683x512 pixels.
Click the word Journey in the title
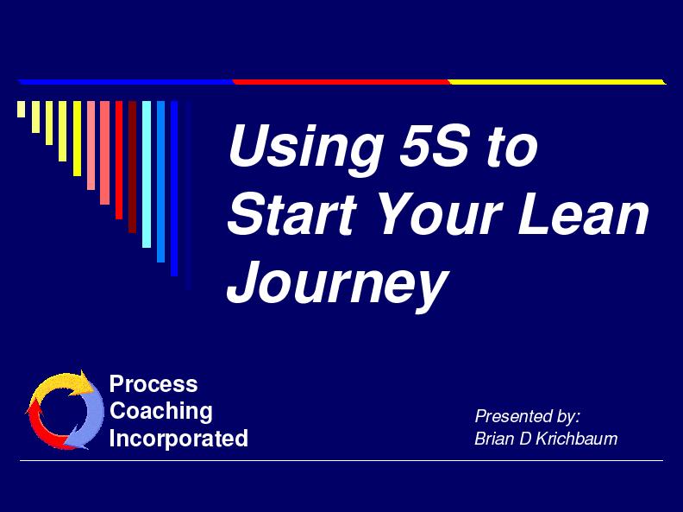tap(337, 283)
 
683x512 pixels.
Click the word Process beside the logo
tap(154, 384)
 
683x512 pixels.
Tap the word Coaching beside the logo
tap(160, 411)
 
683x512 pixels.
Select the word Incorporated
tap(179, 439)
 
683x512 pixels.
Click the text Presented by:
tap(527, 416)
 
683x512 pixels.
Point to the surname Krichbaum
tap(576, 439)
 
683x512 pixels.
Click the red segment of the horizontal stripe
tap(341, 82)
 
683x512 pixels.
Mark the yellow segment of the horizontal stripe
tap(557, 82)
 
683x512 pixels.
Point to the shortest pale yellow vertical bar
tap(21, 109)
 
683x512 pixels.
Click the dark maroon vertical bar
tap(133, 167)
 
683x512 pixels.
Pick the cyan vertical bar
tap(147, 174)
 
